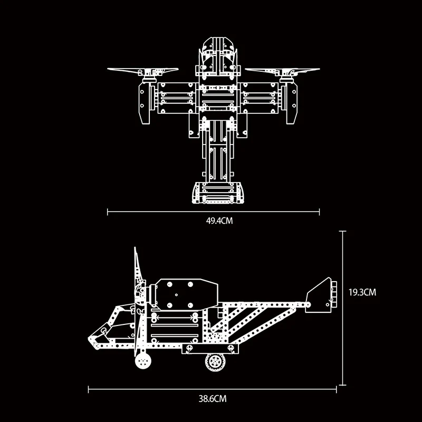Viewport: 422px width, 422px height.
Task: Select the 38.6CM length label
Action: point(213,399)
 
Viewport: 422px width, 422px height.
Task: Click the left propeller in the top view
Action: point(143,71)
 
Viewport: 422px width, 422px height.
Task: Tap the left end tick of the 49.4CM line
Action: point(108,212)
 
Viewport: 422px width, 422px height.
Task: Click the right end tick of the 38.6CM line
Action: point(337,390)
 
